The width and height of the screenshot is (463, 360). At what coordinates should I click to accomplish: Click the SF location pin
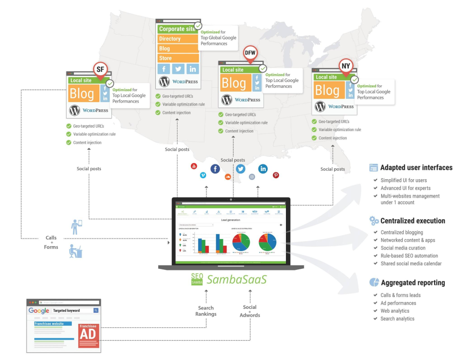pyautogui.click(x=100, y=69)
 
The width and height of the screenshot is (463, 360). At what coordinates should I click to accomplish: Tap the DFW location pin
pyautogui.click(x=250, y=53)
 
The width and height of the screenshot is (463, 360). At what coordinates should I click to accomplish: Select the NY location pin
pyautogui.click(x=346, y=66)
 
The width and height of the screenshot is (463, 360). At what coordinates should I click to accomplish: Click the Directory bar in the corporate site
pyautogui.click(x=178, y=39)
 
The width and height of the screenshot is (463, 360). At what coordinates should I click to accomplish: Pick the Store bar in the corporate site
pyautogui.click(x=178, y=58)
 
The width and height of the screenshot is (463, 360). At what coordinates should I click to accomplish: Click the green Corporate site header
pyautogui.click(x=177, y=29)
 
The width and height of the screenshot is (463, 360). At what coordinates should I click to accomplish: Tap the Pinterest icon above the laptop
pyautogui.click(x=276, y=175)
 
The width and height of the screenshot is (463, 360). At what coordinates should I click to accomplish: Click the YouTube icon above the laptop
pyautogui.click(x=194, y=166)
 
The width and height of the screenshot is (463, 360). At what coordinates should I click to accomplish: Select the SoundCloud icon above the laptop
pyautogui.click(x=228, y=177)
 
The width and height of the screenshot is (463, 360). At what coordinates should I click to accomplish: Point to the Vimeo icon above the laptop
pyautogui.click(x=203, y=175)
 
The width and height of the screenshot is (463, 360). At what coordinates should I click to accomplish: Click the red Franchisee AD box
pyautogui.click(x=88, y=336)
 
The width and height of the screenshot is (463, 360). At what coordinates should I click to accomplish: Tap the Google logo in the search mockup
pyautogui.click(x=39, y=311)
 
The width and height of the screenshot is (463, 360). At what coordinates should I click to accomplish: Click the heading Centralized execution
pyautogui.click(x=412, y=221)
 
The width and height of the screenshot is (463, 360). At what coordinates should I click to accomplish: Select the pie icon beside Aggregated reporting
pyautogui.click(x=374, y=282)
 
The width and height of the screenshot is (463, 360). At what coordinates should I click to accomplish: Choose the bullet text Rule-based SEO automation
pyautogui.click(x=409, y=255)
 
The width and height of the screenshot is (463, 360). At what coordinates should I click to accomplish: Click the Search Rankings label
pyautogui.click(x=207, y=311)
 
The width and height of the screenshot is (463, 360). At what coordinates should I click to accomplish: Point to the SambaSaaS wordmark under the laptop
pyautogui.click(x=236, y=280)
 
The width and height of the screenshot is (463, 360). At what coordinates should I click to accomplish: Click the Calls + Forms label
pyautogui.click(x=51, y=242)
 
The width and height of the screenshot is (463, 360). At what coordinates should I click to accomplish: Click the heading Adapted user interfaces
pyautogui.click(x=416, y=168)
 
